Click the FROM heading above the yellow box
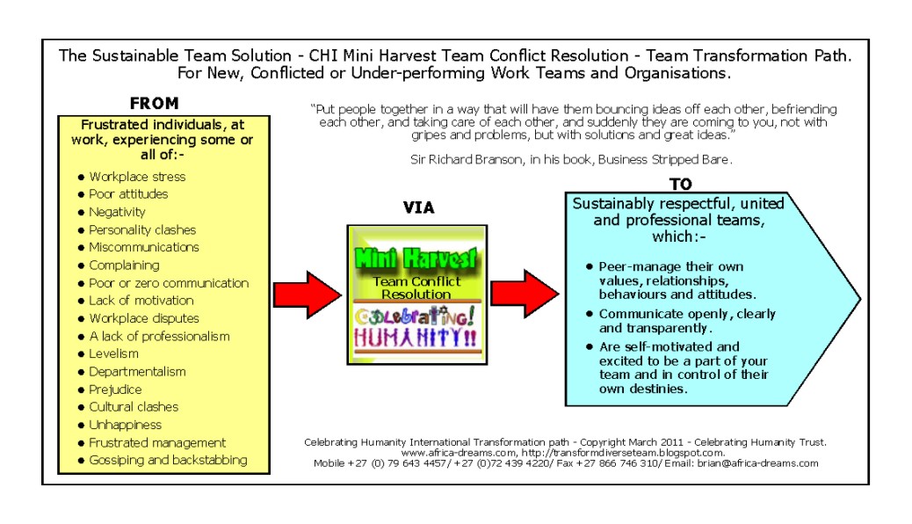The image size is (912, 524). click(154, 103)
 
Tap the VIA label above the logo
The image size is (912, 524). click(418, 208)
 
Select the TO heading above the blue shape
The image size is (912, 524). click(680, 184)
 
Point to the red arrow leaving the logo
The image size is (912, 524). click(525, 294)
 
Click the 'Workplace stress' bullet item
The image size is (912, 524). click(136, 177)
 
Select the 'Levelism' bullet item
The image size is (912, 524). click(113, 353)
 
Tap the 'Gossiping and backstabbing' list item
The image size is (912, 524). click(167, 460)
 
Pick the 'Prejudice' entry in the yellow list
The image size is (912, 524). click(115, 389)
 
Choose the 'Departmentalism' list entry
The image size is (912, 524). click(137, 371)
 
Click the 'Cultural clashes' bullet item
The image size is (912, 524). click(133, 407)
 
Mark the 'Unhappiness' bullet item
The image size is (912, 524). click(125, 425)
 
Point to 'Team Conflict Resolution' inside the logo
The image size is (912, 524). click(416, 287)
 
